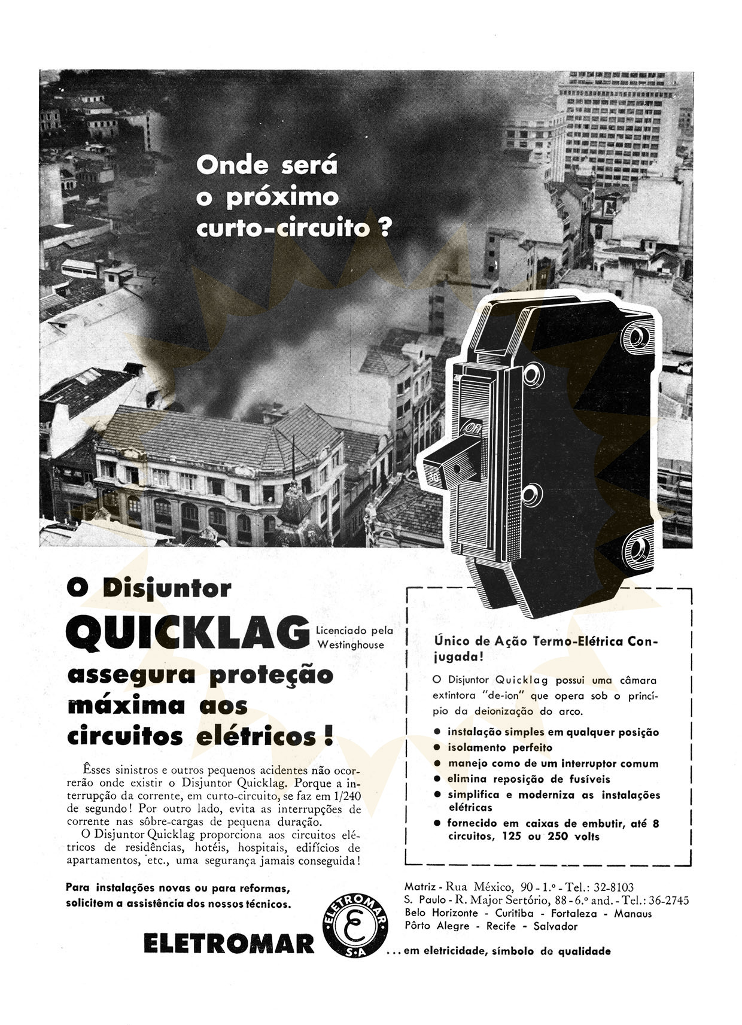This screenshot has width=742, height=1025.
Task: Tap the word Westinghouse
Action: [x=351, y=645]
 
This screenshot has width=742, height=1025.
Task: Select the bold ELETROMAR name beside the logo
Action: [x=229, y=944]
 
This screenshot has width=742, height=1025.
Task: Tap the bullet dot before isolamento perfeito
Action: [x=437, y=747]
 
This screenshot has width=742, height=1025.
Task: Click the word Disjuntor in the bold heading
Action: [x=167, y=588]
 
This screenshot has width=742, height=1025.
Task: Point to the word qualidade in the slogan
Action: [x=585, y=951]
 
